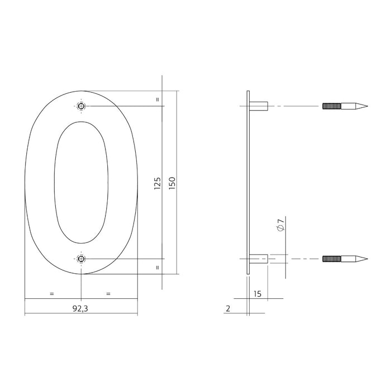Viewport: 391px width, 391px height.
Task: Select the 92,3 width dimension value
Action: click(81, 307)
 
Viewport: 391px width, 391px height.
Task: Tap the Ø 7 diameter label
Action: click(281, 227)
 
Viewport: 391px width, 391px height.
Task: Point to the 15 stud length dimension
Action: click(258, 293)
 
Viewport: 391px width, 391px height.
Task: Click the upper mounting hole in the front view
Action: click(82, 106)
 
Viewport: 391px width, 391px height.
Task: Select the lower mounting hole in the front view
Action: click(82, 259)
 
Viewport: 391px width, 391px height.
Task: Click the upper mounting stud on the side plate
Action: click(259, 106)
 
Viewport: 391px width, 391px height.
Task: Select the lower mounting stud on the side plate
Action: click(259, 259)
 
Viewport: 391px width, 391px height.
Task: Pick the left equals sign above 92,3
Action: click(52, 293)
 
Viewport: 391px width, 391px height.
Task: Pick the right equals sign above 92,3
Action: click(108, 293)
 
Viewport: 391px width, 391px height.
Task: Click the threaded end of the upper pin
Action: click(331, 106)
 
